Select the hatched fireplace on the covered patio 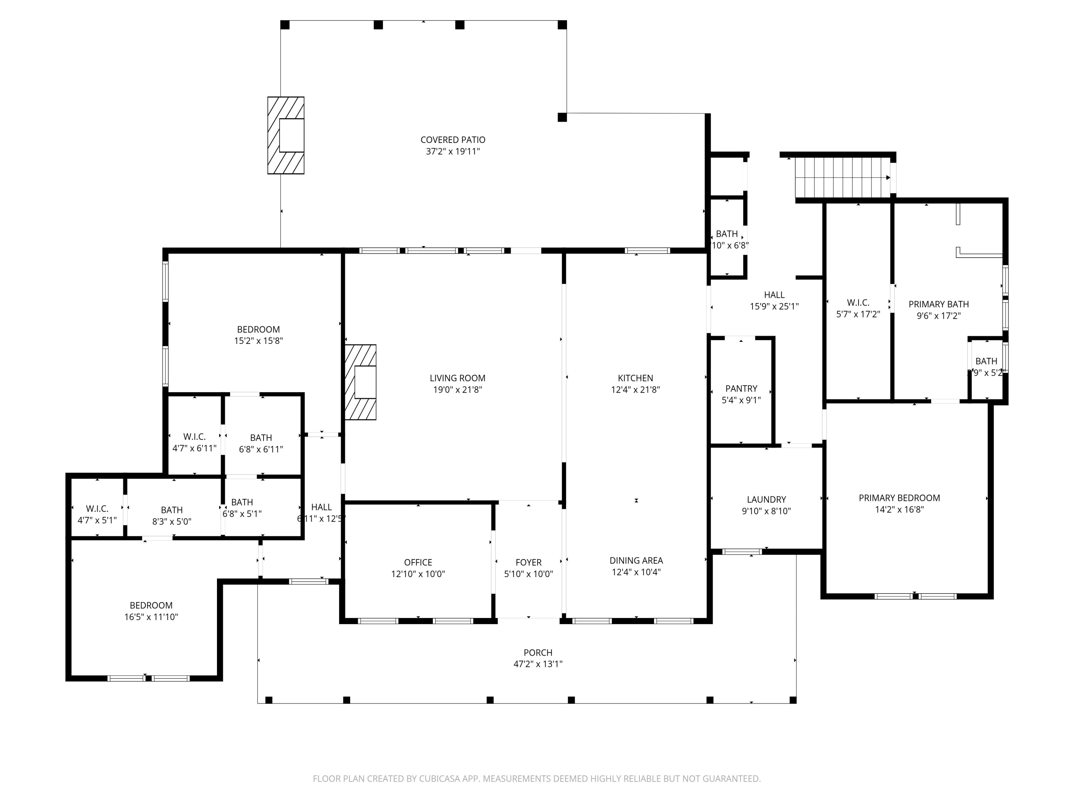(286, 135)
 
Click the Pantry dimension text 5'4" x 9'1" (741, 400)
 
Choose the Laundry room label (766, 499)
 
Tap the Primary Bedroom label (899, 498)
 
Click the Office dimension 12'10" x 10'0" (418, 574)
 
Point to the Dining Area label (636, 561)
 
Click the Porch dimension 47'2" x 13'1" (538, 664)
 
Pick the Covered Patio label (453, 140)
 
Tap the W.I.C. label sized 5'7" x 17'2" (858, 303)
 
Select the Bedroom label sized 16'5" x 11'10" (151, 605)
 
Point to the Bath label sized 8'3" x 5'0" (171, 510)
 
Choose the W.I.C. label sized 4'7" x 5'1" (97, 509)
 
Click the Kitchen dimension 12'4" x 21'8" (635, 390)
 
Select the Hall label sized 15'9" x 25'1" (774, 295)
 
